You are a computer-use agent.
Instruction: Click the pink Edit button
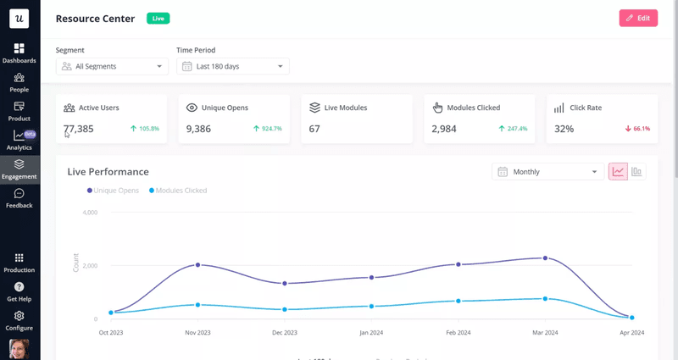638,18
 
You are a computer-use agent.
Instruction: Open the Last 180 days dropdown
233,66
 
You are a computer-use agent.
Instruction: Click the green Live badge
158,18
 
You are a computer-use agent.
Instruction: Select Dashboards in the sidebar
19,53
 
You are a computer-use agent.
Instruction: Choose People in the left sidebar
19,82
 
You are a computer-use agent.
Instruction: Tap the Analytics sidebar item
19,140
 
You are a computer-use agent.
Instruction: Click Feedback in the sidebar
19,198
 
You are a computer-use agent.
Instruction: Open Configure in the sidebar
19,320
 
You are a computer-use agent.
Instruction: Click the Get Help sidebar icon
19,291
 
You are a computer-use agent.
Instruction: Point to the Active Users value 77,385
79,129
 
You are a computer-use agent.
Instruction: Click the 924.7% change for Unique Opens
267,129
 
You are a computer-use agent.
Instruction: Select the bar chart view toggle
636,172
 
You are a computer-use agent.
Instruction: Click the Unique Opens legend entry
113,191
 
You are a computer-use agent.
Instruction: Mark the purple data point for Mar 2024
545,258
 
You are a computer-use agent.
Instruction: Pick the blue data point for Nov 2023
197,305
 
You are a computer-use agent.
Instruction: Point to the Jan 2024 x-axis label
371,333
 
